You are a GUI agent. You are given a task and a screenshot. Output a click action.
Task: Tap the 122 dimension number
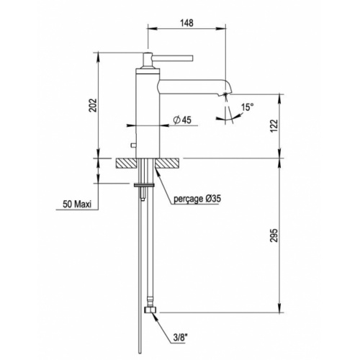(274, 125)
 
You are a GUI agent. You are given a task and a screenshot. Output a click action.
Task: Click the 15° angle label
(247, 107)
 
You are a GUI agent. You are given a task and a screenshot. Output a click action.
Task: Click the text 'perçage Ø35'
(197, 197)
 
